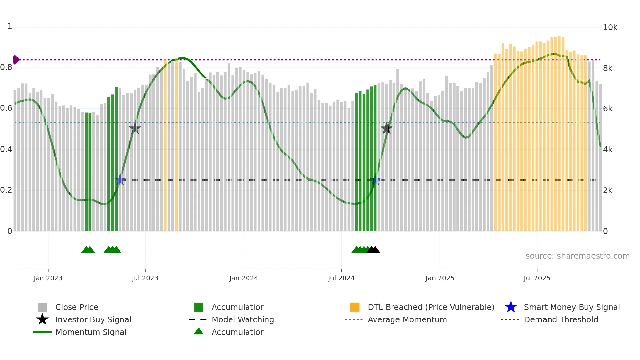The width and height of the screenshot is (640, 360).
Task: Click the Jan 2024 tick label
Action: [x=244, y=278]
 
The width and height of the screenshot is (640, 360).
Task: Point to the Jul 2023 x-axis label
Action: [x=145, y=278]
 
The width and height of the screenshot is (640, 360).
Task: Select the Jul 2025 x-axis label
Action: [x=537, y=278]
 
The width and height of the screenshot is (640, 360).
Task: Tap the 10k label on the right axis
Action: [x=610, y=27]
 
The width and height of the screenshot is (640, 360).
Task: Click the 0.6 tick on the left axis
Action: [x=6, y=108]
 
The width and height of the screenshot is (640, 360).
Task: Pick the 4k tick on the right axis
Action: [x=608, y=150]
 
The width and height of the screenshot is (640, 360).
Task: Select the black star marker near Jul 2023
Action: [x=135, y=129]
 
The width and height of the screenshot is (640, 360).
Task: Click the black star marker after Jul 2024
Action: [x=387, y=129]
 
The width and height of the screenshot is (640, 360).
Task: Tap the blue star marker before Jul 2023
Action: [x=120, y=180]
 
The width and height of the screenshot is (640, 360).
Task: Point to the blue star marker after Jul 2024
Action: [x=375, y=180]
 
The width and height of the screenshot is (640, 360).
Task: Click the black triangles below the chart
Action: [x=373, y=250]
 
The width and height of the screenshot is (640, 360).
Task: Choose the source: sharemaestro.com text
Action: [x=577, y=256]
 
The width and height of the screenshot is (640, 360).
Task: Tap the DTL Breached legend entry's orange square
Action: [x=355, y=307]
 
